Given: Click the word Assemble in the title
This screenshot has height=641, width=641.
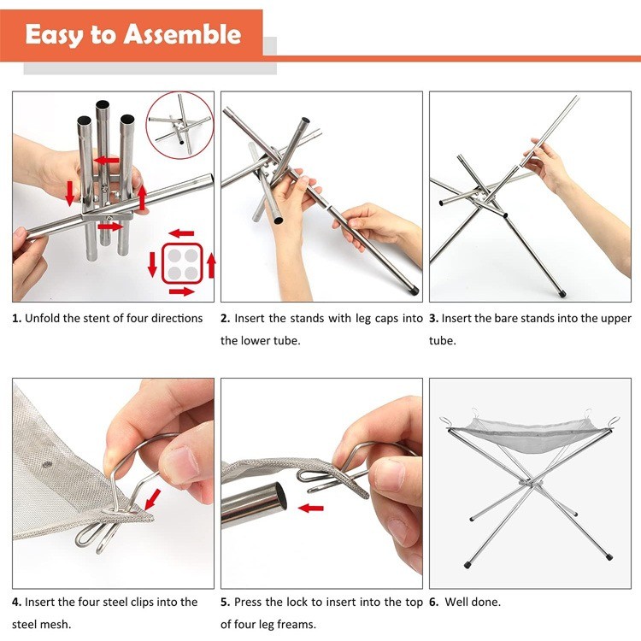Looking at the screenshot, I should click(183, 35).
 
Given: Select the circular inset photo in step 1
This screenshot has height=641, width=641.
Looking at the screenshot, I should click(179, 124).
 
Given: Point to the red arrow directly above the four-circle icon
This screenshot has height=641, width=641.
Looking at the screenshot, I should click(180, 232).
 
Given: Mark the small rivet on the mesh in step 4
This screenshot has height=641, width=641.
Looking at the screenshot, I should click(48, 465).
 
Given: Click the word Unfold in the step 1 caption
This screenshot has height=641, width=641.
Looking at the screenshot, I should click(44, 319).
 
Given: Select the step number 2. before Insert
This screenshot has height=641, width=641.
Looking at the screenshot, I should click(225, 319).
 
